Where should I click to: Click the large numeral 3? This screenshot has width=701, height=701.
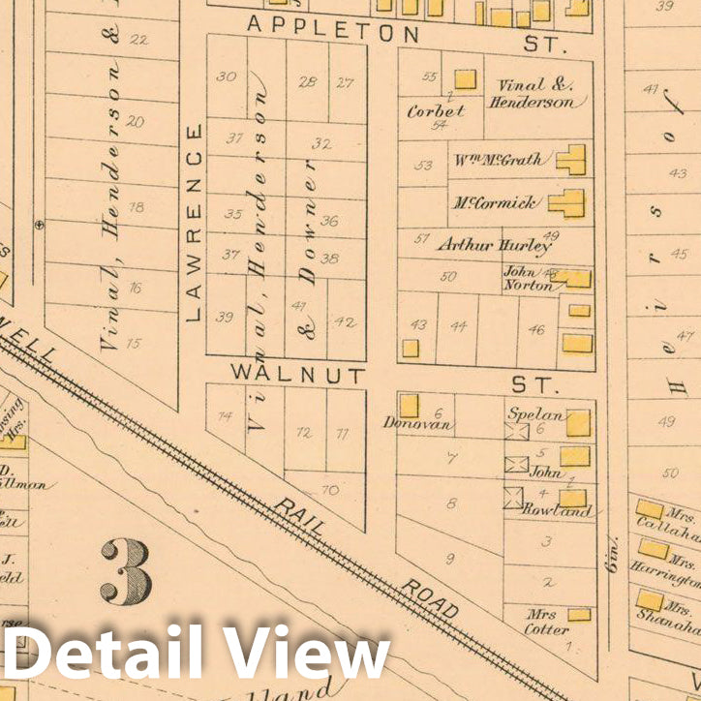point(126,571)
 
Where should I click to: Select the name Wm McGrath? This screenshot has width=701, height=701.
point(498,160)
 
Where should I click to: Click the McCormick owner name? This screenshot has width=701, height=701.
point(493,203)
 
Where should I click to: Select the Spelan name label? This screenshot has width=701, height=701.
point(529,413)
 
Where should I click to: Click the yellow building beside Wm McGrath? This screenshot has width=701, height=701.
point(572,159)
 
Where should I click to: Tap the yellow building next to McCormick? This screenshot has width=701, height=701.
point(567,203)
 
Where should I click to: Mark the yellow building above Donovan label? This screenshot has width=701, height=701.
point(410,405)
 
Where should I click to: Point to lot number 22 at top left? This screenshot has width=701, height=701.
point(138,40)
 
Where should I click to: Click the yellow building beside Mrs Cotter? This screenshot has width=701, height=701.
point(579,615)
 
